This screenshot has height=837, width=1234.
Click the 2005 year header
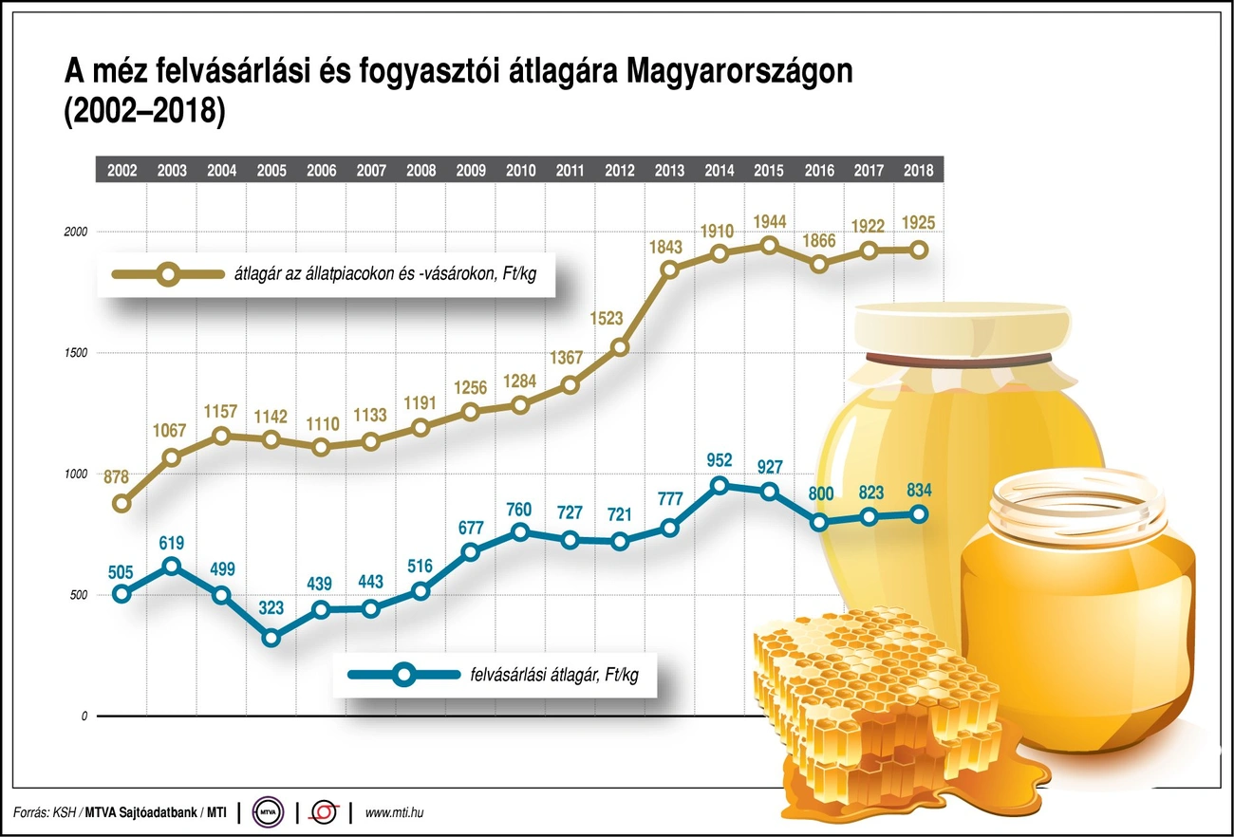(x=271, y=171)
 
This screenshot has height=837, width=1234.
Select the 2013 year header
(x=670, y=171)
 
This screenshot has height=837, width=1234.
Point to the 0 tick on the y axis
(x=84, y=716)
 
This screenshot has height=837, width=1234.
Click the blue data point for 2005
(x=271, y=638)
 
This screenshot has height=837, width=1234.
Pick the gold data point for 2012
(x=620, y=347)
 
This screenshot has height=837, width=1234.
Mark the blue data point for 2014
(x=720, y=486)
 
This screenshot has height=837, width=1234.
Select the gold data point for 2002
(x=122, y=504)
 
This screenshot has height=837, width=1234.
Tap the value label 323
(x=271, y=608)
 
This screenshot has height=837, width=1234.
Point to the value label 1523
(x=620, y=318)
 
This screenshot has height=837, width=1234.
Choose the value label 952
(x=720, y=461)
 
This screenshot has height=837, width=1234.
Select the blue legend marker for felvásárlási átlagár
(x=404, y=675)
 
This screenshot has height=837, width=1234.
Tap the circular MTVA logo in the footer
(x=271, y=812)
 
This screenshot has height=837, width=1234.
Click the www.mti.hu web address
(x=393, y=813)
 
